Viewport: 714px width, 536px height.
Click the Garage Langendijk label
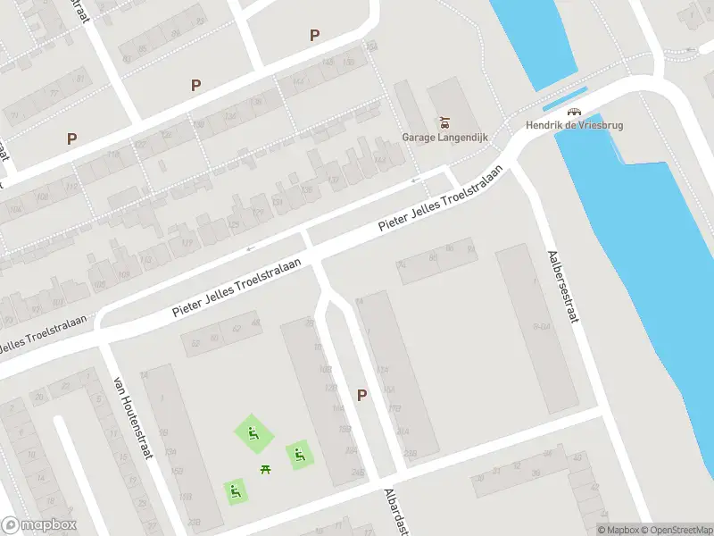click(x=438, y=138)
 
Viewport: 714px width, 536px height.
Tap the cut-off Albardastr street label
click(x=394, y=513)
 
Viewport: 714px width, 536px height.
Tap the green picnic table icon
click(x=265, y=469)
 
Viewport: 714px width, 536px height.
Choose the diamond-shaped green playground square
click(x=251, y=433)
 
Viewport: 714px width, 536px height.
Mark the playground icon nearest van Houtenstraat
click(x=235, y=490)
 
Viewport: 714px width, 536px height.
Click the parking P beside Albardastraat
click(x=361, y=395)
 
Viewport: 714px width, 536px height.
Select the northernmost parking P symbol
click(x=314, y=35)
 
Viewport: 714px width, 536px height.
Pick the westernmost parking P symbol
click(x=71, y=138)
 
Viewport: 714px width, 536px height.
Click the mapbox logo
click(x=39, y=525)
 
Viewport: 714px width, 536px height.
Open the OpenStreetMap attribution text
click(x=676, y=531)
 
